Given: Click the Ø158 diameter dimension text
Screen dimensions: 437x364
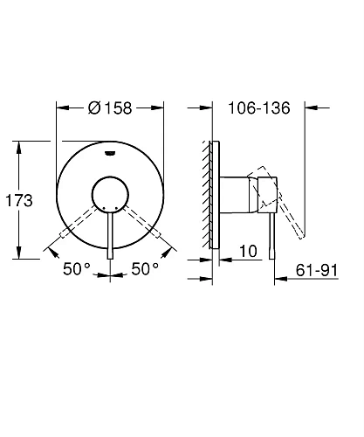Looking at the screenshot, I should tap(111, 109).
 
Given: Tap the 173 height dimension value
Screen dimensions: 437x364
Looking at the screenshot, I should tap(18, 200).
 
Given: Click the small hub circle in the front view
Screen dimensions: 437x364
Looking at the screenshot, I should tap(110, 192).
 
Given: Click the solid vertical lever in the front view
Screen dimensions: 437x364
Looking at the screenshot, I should tap(110, 236).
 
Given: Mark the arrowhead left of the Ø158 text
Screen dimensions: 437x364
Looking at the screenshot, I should tap(62, 109).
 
